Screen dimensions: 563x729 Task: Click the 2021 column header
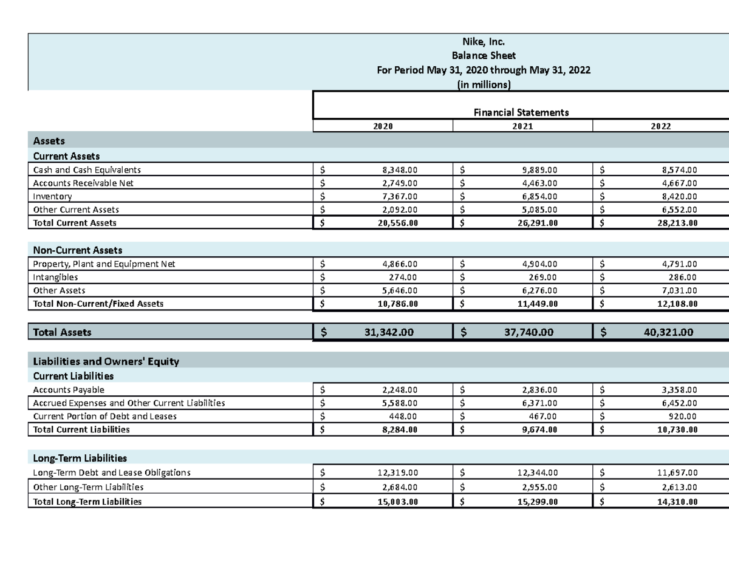click(x=522, y=126)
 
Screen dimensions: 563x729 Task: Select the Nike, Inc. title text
click(x=484, y=42)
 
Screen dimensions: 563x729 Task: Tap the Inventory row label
click(x=52, y=196)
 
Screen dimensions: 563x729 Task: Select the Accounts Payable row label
click(x=69, y=389)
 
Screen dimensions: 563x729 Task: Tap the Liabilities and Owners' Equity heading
click(x=106, y=361)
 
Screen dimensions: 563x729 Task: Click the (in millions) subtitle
click(x=484, y=85)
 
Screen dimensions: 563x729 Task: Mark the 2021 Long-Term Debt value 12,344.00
click(x=537, y=473)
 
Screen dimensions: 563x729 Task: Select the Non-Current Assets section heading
click(x=78, y=250)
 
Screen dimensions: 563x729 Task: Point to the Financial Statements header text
click(x=521, y=112)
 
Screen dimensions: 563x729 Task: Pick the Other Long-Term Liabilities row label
click(x=88, y=487)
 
